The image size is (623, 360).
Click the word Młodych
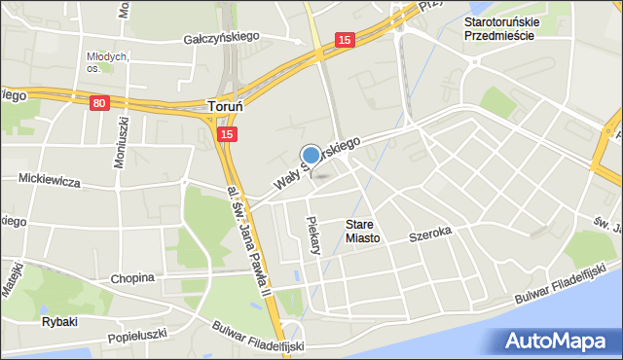coord(106,56)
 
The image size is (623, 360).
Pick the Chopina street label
coord(132,277)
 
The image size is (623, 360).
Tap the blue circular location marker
coord(311,155)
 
